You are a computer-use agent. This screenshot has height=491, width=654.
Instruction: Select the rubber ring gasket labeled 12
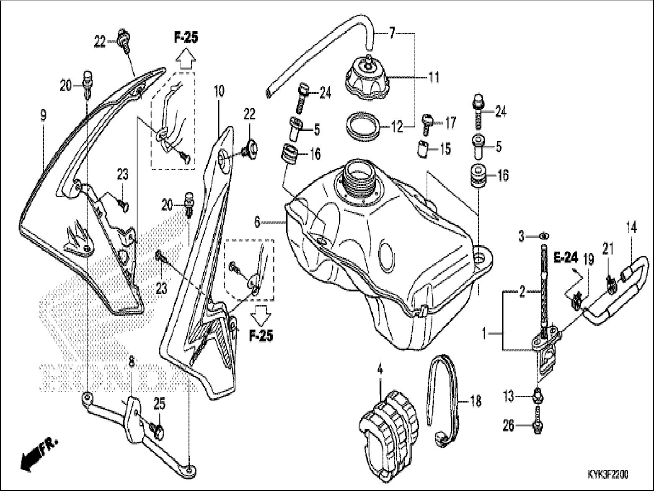pyautogui.click(x=363, y=125)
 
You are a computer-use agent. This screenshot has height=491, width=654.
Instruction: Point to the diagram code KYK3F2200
pyautogui.click(x=607, y=474)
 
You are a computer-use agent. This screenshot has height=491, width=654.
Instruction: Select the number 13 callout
pyautogui.click(x=508, y=396)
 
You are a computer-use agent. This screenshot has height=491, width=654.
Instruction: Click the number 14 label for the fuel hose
pyautogui.click(x=631, y=228)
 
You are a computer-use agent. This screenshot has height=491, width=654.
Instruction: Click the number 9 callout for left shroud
pyautogui.click(x=43, y=115)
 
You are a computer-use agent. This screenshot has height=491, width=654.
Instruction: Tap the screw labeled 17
pyautogui.click(x=426, y=123)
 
